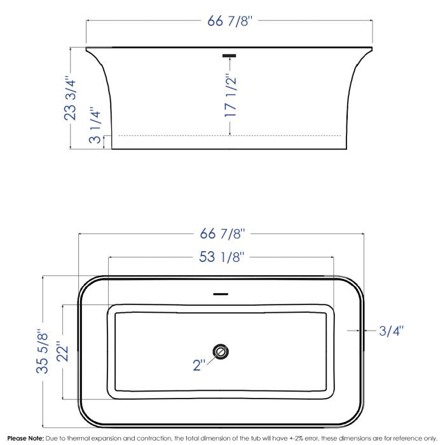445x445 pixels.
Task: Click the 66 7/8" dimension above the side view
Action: coord(229,21)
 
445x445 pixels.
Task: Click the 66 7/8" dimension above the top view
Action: coord(222,234)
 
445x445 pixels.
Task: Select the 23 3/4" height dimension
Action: coord(70,98)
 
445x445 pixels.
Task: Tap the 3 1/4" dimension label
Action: coord(95,125)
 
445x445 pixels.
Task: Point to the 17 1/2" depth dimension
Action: coord(230,95)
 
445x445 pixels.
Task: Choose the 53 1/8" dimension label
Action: coord(221,257)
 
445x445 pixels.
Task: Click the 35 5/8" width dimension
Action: coord(43,351)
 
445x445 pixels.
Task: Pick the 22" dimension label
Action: coord(62,351)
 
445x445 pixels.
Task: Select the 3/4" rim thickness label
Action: coord(391,331)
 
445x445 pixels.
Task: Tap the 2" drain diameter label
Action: coord(199,365)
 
